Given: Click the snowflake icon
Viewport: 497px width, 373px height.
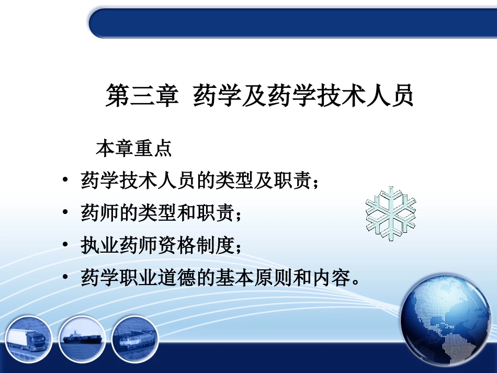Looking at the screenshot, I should (x=390, y=213).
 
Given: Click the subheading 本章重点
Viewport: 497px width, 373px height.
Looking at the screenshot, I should (x=134, y=149).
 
